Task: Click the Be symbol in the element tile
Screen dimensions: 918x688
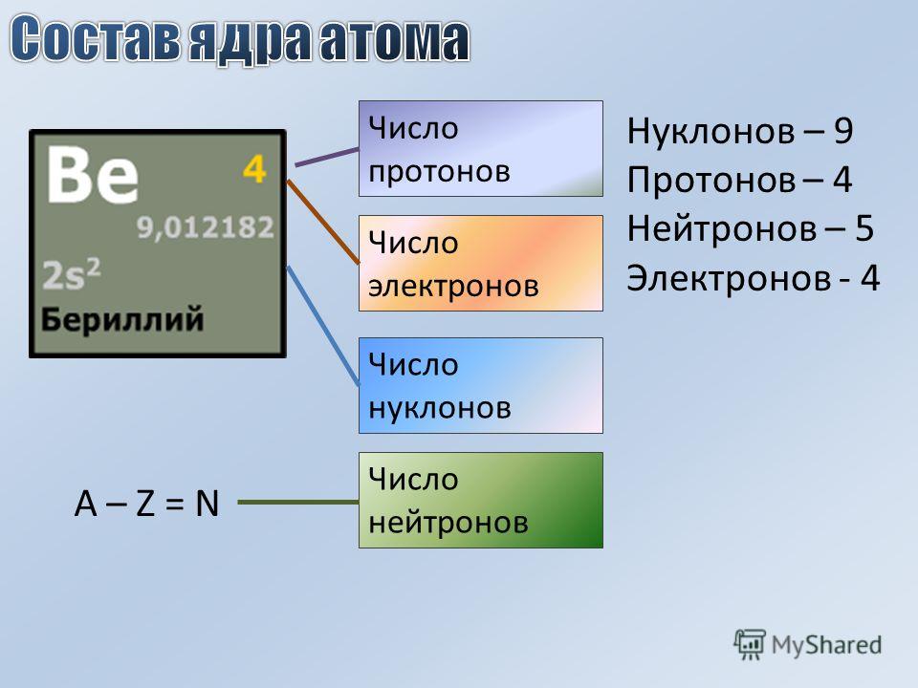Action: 93,174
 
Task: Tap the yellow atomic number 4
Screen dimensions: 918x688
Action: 254,169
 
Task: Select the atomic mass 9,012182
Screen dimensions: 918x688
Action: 206,227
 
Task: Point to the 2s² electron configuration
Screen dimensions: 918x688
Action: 72,274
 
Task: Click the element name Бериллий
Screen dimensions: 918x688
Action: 122,319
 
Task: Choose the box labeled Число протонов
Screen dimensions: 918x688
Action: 481,149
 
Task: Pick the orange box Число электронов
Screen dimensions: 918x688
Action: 481,264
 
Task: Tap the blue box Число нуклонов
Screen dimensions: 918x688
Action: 481,385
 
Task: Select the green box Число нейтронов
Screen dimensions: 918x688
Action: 481,500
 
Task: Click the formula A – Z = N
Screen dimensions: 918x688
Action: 146,504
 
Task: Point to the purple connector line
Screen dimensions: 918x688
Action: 327,158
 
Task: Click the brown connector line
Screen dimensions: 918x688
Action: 323,223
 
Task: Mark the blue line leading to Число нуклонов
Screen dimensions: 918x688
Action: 323,325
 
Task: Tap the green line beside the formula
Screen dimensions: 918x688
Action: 298,502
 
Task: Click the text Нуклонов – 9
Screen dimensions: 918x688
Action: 740,131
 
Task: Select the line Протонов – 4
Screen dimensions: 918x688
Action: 739,179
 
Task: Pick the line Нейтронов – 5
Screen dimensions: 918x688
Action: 751,228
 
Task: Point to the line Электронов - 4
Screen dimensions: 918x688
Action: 754,277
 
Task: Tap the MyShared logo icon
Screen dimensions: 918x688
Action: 750,644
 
